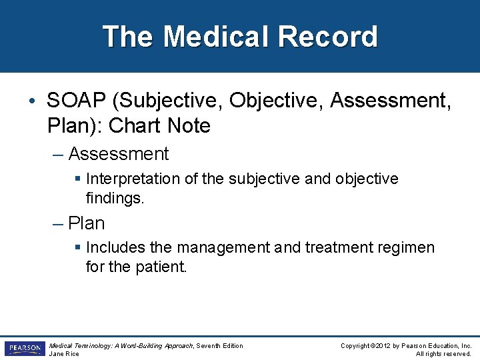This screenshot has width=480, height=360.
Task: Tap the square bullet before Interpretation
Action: [x=79, y=179]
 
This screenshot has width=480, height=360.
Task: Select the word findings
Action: [x=115, y=198]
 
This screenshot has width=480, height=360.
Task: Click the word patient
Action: [x=164, y=267]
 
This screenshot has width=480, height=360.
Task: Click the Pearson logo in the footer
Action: [x=24, y=349]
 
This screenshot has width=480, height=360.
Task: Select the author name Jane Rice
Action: [x=64, y=353]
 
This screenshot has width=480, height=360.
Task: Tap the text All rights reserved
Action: [x=443, y=353]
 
